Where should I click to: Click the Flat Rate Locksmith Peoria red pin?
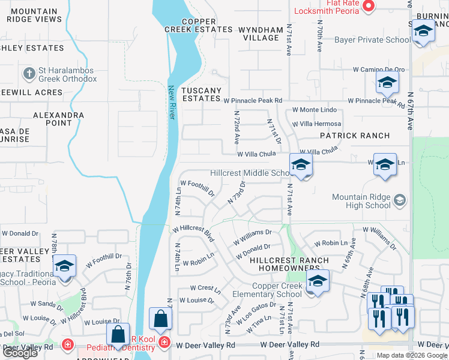[369, 7]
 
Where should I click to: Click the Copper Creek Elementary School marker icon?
[318, 281]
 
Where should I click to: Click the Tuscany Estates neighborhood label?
[202, 95]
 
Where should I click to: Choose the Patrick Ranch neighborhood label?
[354, 136]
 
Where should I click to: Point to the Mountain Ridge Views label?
[34, 15]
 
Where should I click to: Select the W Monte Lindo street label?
[315, 110]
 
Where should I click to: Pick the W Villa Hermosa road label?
[317, 124]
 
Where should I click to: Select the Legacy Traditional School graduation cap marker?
[64, 266]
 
